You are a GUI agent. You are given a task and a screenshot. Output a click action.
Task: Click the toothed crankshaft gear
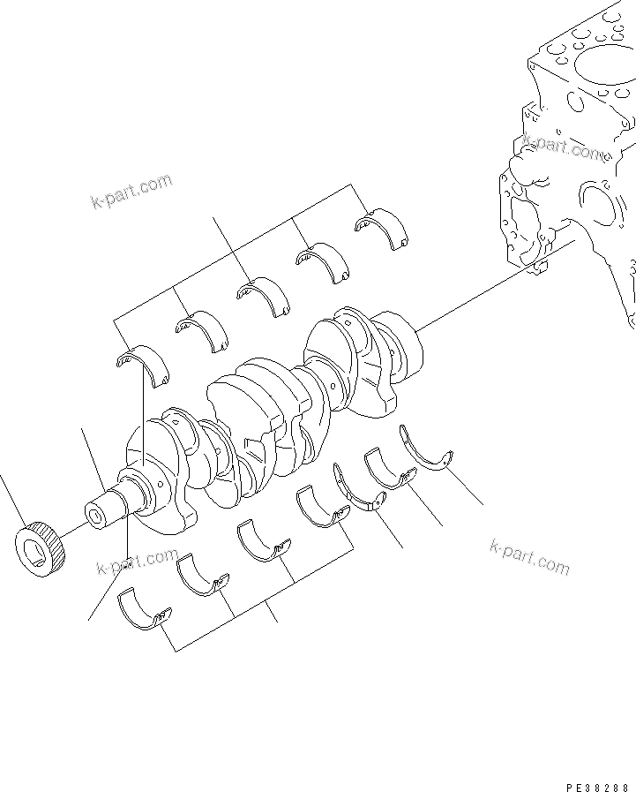(x=41, y=549)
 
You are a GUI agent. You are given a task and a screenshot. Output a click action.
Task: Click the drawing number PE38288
(x=597, y=785)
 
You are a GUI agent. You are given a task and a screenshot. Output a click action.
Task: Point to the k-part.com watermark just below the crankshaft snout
(x=138, y=562)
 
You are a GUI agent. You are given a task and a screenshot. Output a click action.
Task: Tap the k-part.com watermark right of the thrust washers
(x=529, y=556)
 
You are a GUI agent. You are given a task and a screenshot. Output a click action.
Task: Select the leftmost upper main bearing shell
(x=142, y=366)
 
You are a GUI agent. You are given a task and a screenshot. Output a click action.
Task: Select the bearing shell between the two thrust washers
(x=389, y=468)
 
